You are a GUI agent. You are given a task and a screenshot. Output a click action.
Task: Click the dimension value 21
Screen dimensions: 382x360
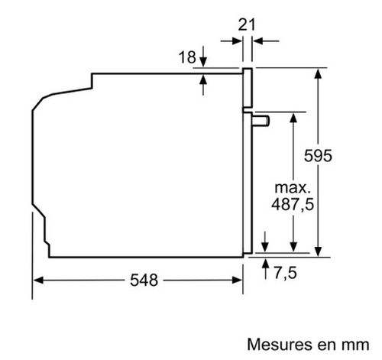pos(246,25)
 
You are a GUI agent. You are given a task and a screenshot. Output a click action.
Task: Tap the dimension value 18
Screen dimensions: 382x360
pos(187,57)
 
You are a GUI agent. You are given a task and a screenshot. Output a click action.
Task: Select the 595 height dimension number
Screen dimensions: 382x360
pos(318,156)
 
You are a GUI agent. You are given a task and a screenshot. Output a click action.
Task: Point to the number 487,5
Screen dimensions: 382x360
pos(293,204)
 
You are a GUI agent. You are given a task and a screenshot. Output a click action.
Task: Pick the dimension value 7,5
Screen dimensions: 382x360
pos(286,273)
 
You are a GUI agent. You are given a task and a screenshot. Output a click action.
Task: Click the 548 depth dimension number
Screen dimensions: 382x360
pos(144,281)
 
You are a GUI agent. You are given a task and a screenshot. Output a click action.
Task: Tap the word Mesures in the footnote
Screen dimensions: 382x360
pos(280,345)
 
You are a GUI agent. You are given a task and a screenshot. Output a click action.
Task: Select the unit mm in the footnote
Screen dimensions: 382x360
pos(355,346)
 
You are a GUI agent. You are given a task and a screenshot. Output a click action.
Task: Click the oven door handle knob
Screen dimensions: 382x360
pos(261,121)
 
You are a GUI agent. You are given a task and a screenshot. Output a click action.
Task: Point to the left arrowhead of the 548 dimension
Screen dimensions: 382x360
pos(38,281)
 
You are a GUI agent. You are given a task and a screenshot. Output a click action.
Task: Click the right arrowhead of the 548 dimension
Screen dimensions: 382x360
pos(237,281)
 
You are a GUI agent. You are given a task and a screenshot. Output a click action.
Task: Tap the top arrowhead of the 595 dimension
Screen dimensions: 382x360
pos(318,73)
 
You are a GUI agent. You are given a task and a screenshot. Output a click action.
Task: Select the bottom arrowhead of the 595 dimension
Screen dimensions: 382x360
pos(318,251)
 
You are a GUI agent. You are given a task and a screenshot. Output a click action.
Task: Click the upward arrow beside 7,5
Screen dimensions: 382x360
pos(266,268)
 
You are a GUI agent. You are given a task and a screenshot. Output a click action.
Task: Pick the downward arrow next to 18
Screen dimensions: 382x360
pos(203,57)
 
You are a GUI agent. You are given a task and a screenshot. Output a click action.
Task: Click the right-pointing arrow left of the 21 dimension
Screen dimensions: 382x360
pos(231,41)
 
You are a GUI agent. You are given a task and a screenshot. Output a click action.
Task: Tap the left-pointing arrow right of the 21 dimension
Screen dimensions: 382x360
pos(266,41)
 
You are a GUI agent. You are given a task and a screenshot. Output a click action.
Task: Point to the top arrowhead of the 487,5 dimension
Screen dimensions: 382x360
pos(293,118)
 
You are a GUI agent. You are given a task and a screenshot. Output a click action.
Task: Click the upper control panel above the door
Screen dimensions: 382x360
pos(248,88)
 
